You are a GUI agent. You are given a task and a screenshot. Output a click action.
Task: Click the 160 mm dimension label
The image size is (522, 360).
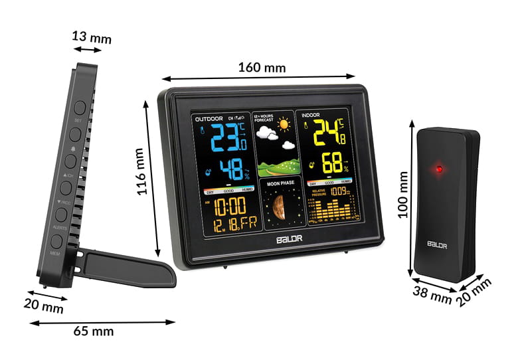[262, 68]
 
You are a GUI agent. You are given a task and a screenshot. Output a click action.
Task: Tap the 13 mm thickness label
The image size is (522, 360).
[92, 38]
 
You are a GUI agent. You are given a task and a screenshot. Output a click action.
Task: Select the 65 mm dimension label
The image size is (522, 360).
[93, 330]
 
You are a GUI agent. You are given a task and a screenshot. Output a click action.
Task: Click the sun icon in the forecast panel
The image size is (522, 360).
[285, 124]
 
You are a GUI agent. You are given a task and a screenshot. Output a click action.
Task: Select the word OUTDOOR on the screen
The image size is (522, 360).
[209, 118]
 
